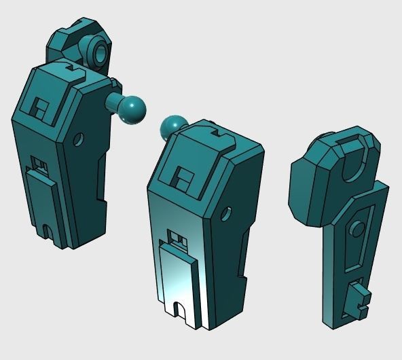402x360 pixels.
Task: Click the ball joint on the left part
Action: click(133, 109)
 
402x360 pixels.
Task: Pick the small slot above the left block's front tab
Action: click(39, 163)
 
